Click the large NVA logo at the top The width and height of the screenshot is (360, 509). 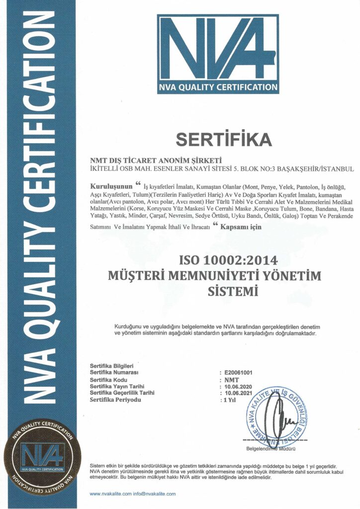218,53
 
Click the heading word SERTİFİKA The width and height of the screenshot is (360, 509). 224,140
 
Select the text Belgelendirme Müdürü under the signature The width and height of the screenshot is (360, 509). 274,448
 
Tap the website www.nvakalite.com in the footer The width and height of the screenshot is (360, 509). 111,494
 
